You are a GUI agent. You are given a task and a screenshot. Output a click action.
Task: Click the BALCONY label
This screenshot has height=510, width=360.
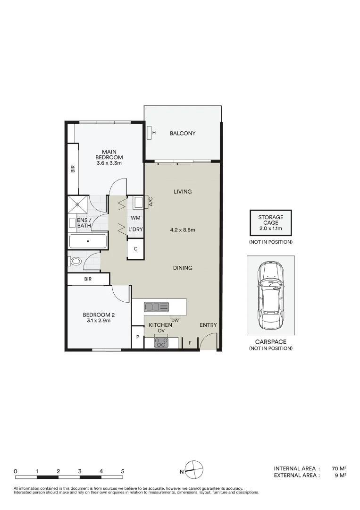[183, 134]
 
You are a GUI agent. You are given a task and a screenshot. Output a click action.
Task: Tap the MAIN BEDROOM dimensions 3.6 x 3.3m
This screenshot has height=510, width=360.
[109, 163]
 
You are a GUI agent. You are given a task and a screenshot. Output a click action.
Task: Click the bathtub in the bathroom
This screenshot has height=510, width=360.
[88, 241]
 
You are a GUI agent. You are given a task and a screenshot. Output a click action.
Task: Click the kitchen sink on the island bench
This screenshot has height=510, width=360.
[157, 307]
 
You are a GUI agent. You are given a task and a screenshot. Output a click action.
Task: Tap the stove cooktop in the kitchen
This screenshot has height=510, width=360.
[161, 343]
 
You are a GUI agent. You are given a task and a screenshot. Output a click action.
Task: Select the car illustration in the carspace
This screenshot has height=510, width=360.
[270, 296]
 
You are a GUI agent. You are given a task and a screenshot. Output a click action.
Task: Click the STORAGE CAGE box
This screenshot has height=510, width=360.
[270, 223]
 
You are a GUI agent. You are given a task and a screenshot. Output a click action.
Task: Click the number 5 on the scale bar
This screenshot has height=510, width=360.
[123, 471]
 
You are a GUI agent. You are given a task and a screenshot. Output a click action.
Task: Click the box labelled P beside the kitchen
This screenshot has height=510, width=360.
[138, 338]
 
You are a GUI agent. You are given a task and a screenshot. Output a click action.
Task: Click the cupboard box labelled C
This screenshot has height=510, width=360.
[135, 248]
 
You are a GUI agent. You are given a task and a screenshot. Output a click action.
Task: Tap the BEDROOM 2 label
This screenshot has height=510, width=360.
[99, 315]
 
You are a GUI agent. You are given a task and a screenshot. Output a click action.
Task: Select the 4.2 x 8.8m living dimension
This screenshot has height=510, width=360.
[183, 230]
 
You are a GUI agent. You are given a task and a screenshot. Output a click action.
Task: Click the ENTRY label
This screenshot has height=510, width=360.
[208, 325]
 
